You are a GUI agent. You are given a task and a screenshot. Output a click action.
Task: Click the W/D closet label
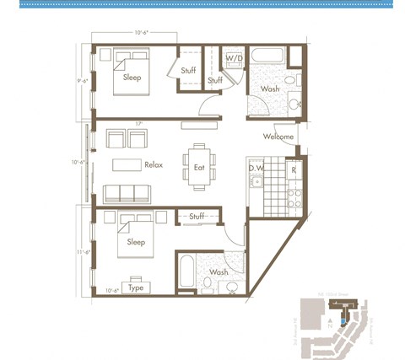[234, 58]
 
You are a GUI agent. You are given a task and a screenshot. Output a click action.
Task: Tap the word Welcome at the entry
[278, 137]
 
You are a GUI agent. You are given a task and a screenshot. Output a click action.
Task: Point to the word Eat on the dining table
[199, 167]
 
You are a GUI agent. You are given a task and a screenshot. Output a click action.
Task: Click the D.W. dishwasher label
[256, 167]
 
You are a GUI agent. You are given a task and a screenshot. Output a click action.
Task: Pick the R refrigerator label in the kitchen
[293, 169]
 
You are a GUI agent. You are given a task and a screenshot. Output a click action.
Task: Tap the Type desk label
[135, 287]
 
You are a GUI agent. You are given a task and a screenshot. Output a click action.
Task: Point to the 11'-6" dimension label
[83, 252]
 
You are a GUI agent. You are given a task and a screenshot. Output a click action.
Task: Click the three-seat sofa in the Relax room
[127, 191]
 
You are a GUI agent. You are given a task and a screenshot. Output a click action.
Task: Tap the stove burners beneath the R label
[295, 198]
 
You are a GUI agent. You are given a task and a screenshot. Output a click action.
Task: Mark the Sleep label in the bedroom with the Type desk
[136, 242]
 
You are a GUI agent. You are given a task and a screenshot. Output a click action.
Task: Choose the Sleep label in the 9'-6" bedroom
[132, 78]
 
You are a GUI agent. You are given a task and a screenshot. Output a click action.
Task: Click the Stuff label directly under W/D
[215, 80]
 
